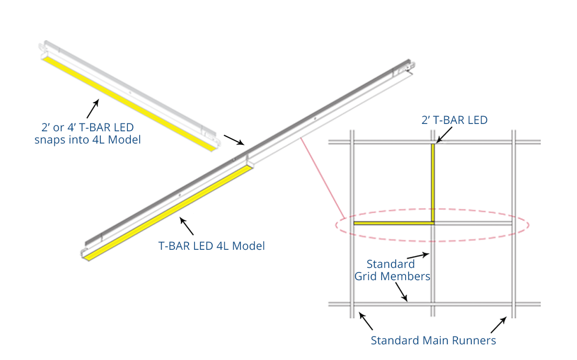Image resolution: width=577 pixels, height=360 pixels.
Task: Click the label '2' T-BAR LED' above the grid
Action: click(455, 120)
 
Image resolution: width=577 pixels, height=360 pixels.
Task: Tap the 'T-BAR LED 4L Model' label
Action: click(212, 246)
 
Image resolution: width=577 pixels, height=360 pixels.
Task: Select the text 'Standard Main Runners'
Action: click(433, 340)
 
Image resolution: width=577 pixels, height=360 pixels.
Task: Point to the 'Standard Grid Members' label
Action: click(392, 270)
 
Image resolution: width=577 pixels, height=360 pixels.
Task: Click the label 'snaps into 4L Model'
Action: click(87, 140)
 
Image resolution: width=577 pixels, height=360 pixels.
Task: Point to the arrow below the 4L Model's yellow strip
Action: click(187, 226)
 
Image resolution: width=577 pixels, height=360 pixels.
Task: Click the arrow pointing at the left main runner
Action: click(365, 321)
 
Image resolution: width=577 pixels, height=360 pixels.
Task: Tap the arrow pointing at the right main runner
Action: click(499, 325)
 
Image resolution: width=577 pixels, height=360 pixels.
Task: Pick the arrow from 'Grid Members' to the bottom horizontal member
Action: click(400, 293)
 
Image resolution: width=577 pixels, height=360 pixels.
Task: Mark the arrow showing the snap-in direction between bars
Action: click(234, 140)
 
